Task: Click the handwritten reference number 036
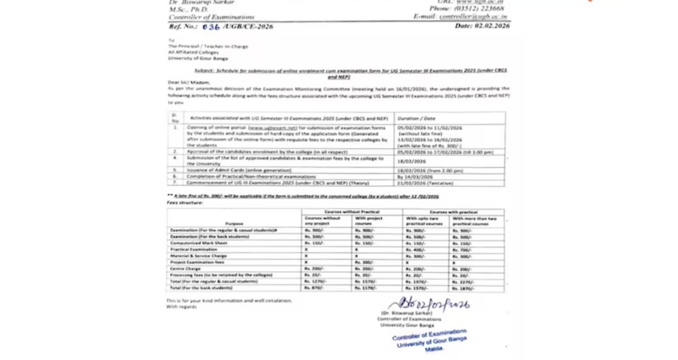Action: (x=211, y=27)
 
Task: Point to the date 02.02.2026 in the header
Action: (x=492, y=26)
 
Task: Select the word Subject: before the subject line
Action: (x=203, y=70)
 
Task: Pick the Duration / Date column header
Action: (x=416, y=119)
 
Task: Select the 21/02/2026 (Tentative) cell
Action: (x=425, y=183)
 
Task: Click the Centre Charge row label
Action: (x=185, y=269)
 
